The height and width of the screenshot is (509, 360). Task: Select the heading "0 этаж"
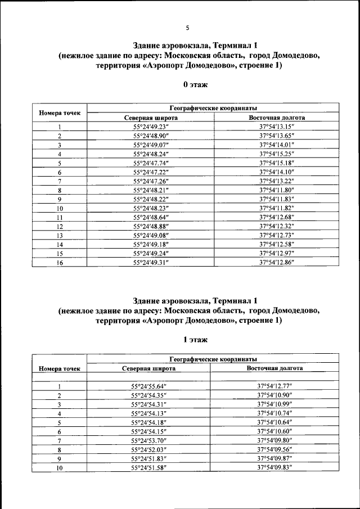pyautogui.click(x=195, y=84)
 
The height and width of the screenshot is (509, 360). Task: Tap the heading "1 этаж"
pyautogui.click(x=195, y=340)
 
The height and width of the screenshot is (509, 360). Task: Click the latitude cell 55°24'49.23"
pyautogui.click(x=151, y=127)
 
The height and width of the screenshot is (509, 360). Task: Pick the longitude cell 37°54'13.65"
pyautogui.click(x=277, y=136)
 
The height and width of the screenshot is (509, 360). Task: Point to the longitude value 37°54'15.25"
pyautogui.click(x=277, y=154)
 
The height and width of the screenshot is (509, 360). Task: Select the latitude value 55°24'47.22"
pyautogui.click(x=151, y=172)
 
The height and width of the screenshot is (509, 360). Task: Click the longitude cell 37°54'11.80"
pyautogui.click(x=277, y=190)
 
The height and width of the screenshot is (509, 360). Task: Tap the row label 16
pyautogui.click(x=59, y=262)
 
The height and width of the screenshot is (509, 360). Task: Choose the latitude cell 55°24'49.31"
pyautogui.click(x=151, y=262)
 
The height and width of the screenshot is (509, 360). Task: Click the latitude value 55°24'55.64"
pyautogui.click(x=149, y=386)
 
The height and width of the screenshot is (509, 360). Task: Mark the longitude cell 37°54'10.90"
pyautogui.click(x=274, y=395)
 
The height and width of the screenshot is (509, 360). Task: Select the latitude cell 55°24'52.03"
pyautogui.click(x=149, y=449)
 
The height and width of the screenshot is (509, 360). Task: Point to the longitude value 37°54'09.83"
pyautogui.click(x=274, y=467)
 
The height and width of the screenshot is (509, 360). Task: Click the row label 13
pyautogui.click(x=59, y=235)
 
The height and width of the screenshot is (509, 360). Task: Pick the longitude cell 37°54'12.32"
pyautogui.click(x=277, y=226)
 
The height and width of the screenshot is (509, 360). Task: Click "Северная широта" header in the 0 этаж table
pyautogui.click(x=151, y=118)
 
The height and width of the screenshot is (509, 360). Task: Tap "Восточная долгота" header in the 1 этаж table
pyautogui.click(x=274, y=368)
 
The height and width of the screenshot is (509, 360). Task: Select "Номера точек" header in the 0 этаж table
pyautogui.click(x=59, y=112)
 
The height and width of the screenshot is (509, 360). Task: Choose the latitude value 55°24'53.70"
pyautogui.click(x=149, y=440)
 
